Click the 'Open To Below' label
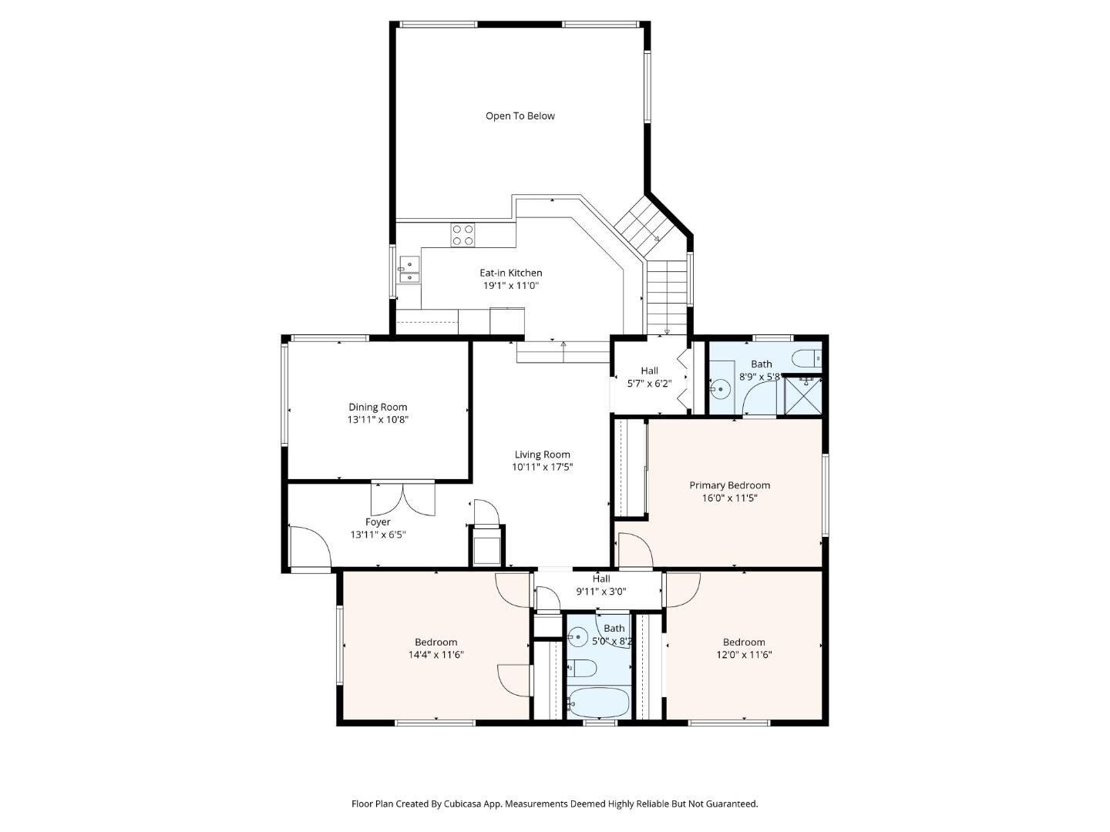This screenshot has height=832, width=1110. pos(520,116)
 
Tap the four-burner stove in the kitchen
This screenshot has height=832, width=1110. pos(463,235)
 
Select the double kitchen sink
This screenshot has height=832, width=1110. pos(409,270)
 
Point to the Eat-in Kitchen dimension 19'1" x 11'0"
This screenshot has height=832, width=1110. pos(510,286)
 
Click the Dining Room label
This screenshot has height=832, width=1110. pos(378,407)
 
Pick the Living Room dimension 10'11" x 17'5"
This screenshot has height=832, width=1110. pos(542,467)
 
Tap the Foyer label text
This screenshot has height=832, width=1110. pos(378,522)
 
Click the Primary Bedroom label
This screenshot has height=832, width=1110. pos(729,485)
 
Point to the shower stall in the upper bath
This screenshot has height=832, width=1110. pos(803,394)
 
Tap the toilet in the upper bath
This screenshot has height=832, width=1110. pos(808,359)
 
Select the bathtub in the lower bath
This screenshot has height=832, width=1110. pos(598,703)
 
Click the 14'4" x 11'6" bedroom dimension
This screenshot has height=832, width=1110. pos(436,655)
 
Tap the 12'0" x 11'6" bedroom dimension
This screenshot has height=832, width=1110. pos(744,655)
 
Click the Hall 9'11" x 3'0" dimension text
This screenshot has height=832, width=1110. pos(601,592)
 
